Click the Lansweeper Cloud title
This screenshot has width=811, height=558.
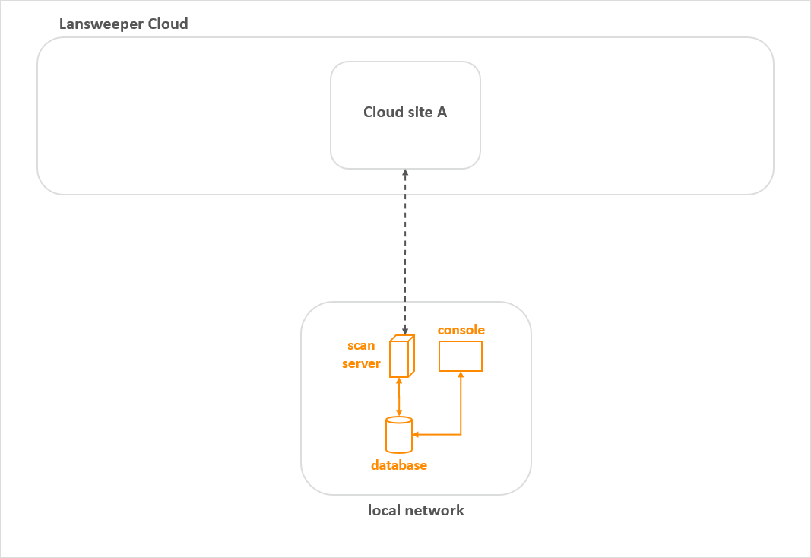[x=123, y=24]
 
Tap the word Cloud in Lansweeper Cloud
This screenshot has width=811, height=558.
[x=166, y=24]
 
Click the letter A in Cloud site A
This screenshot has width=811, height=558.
[x=442, y=113]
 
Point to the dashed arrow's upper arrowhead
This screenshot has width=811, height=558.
[x=405, y=173]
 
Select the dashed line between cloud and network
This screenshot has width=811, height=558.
[x=405, y=251]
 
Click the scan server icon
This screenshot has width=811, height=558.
[x=401, y=356]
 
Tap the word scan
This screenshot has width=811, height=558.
[x=361, y=346]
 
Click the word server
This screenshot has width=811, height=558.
[x=361, y=364]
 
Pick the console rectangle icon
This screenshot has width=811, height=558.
[x=461, y=356]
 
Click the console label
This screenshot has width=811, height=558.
[x=461, y=330]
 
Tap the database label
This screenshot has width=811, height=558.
[x=399, y=465]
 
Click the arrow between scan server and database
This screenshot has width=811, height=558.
[x=399, y=396]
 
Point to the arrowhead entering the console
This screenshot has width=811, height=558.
[x=461, y=375]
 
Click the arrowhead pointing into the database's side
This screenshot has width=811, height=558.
[x=416, y=435]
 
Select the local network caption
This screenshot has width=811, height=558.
[x=416, y=510]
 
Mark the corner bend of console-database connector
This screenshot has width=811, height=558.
[x=461, y=435]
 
